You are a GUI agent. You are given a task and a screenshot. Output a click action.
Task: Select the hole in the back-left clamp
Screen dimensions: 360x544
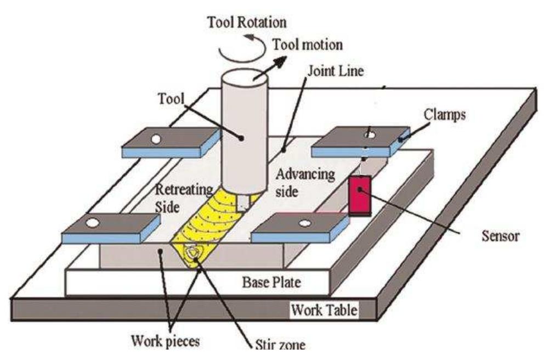156,139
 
